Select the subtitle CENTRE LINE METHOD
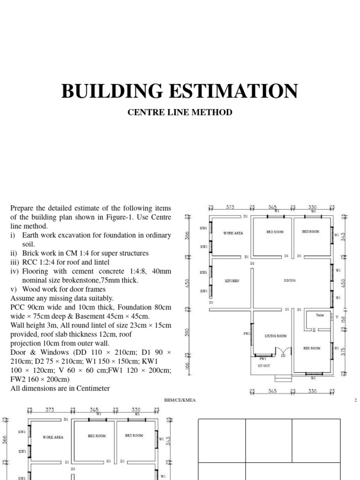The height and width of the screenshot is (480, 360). click(x=180, y=113)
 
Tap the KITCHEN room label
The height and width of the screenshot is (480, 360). click(x=232, y=281)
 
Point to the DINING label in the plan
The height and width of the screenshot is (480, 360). click(x=290, y=281)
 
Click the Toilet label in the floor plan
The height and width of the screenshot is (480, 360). click(x=320, y=315)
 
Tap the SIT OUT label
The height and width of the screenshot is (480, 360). click(x=264, y=366)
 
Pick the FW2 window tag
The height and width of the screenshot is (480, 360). click(x=247, y=334)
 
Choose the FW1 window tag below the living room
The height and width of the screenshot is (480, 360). click(x=263, y=359)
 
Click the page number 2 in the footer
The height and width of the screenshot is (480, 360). click(x=356, y=400)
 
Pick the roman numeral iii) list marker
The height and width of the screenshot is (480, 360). click(x=14, y=262)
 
